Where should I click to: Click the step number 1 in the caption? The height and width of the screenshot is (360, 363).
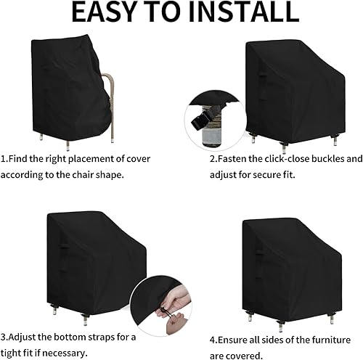pyautogui.click(x=4, y=157)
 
